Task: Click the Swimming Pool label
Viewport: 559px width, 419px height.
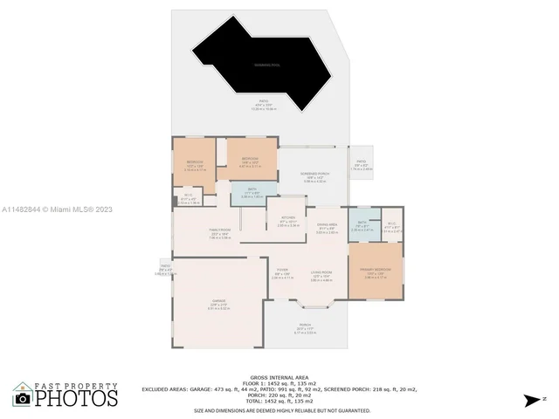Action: tap(267, 65)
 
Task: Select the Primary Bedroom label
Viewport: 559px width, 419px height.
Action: tap(376, 271)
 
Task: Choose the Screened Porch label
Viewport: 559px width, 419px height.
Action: tap(314, 177)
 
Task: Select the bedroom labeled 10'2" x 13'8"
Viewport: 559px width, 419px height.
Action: tap(194, 163)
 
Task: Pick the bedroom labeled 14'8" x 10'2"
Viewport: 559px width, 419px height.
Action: tap(250, 161)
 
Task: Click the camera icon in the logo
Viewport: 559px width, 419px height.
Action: tap(24, 397)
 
